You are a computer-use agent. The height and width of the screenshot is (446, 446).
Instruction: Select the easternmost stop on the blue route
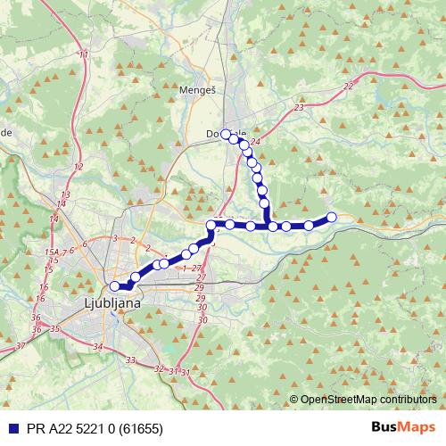(331, 217)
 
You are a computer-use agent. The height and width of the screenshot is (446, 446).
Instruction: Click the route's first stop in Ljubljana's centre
(114, 285)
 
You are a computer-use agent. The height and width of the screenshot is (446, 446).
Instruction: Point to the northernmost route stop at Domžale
(226, 134)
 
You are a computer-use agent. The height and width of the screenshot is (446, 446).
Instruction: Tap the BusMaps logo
(402, 427)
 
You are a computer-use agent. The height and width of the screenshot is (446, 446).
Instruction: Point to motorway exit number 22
(347, 85)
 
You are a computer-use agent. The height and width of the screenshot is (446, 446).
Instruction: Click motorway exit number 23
(297, 107)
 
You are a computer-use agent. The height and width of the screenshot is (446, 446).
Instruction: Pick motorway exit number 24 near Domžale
(256, 142)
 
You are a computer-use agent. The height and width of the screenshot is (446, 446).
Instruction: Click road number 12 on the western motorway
(78, 167)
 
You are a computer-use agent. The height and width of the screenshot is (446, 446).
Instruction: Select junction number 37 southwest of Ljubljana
(21, 344)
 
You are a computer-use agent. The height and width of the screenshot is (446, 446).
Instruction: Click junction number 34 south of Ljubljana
(98, 345)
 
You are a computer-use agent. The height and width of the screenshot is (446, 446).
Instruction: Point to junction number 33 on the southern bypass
(131, 360)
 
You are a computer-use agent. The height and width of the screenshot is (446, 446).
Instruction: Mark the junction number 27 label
(197, 268)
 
